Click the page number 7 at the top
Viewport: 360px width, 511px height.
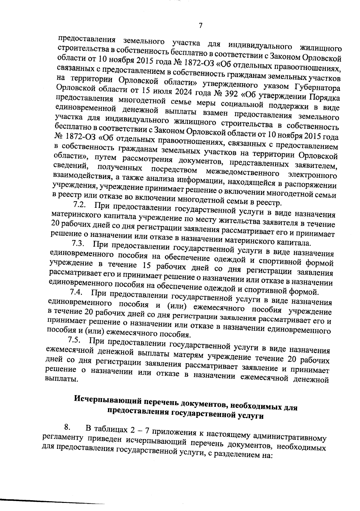coord(201,26)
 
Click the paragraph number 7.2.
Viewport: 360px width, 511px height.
coord(80,205)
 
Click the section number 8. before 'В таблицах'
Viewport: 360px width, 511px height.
coord(67,427)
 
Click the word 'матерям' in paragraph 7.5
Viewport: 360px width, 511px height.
coord(188,355)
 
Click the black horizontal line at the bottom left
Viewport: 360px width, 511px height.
coord(51,500)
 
